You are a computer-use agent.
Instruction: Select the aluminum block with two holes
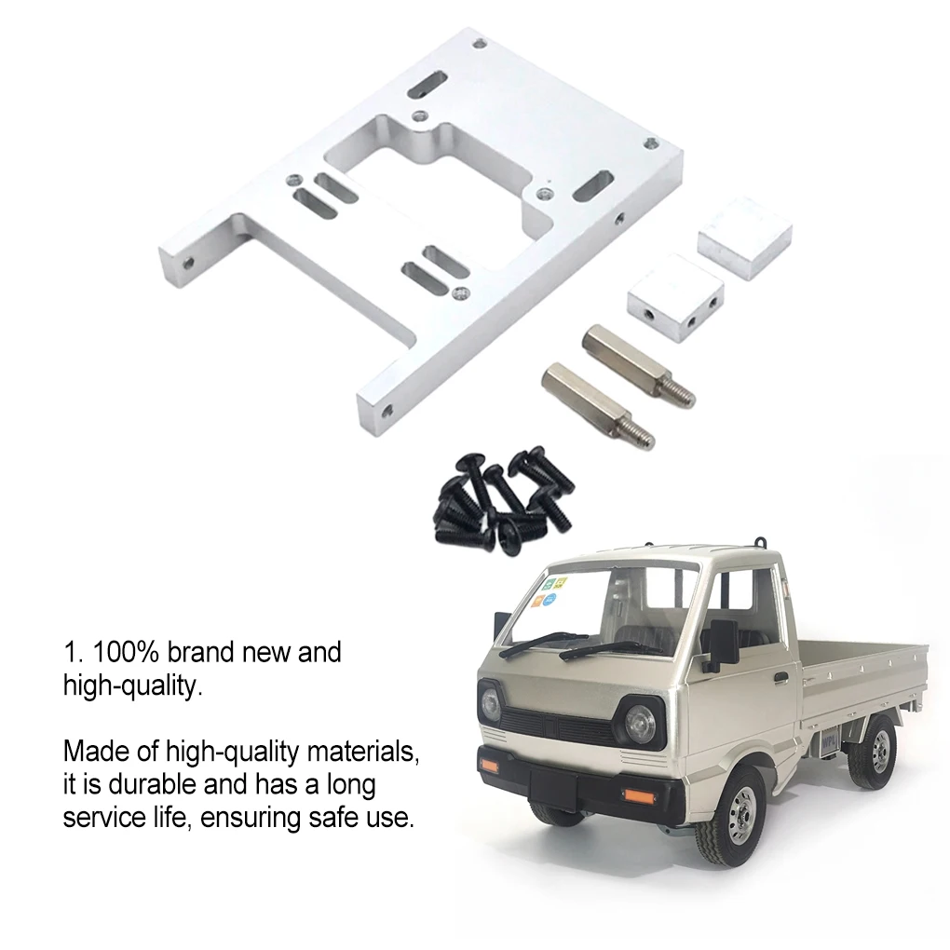[x=675, y=298]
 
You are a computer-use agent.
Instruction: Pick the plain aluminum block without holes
[x=745, y=238]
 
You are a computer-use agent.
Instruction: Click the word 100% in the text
[x=132, y=652]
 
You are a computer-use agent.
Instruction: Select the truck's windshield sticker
[x=551, y=591]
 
